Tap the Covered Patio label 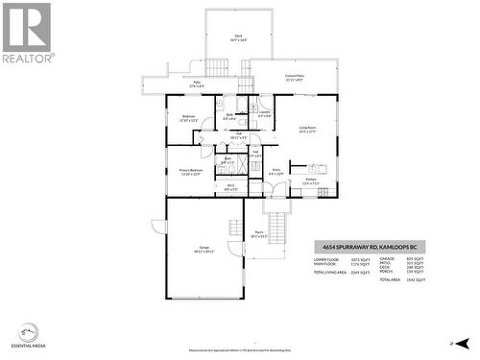(x=294, y=77)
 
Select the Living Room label (x=308, y=129)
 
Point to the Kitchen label (x=311, y=180)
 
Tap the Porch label (x=258, y=232)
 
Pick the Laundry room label (x=264, y=113)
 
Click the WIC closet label (x=230, y=188)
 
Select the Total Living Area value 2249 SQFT (x=370, y=272)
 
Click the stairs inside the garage (x=233, y=228)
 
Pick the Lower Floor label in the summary (x=326, y=259)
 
